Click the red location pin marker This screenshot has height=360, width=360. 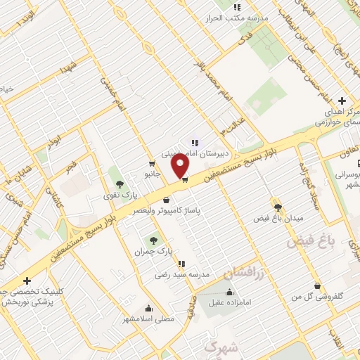181,166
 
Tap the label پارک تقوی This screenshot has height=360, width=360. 116,195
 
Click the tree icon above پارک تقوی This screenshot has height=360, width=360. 119,184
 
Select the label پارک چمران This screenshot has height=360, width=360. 153,251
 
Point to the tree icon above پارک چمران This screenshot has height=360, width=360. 154,240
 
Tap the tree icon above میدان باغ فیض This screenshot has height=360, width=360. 278,207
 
